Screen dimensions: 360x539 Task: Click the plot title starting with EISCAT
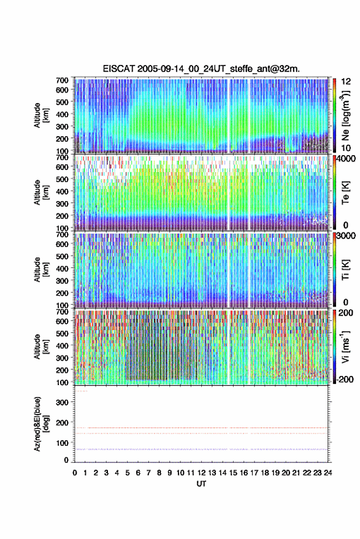point(201,69)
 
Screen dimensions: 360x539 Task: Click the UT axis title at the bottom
point(201,484)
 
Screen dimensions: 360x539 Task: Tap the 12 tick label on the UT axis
point(201,473)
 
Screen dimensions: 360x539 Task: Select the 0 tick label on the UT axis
point(75,473)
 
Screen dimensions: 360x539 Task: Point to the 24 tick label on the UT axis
point(327,473)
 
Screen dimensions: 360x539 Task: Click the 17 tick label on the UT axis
point(254,473)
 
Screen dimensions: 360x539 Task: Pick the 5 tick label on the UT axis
point(127,473)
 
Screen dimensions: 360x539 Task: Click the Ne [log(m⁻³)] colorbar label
point(345,115)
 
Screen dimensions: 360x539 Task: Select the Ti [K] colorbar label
point(345,270)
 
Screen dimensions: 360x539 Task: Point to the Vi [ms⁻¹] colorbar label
point(345,346)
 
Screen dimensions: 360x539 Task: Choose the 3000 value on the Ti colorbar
point(346,236)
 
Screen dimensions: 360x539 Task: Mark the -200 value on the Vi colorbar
point(345,379)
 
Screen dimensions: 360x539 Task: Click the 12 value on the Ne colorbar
point(346,82)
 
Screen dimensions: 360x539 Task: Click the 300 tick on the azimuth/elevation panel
point(62,402)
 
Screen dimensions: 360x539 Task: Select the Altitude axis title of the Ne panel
point(41,115)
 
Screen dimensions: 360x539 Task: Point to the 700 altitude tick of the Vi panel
point(62,312)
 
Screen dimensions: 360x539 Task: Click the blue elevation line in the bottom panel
point(201,449)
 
